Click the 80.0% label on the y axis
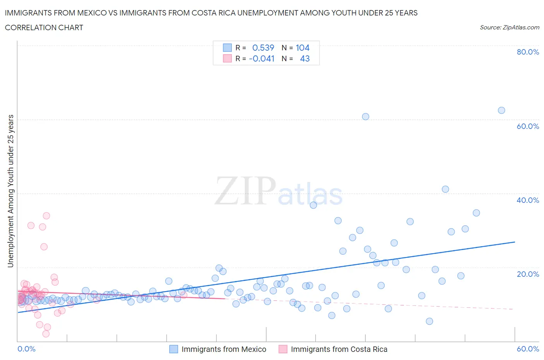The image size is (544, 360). point(528,52)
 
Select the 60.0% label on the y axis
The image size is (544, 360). point(528,126)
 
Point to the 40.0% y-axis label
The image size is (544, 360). point(528,200)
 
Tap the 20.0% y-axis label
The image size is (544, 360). point(528,274)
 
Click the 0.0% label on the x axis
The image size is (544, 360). point(26,349)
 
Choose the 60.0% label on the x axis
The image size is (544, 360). point(528,349)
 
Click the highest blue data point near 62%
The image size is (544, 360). point(501,110)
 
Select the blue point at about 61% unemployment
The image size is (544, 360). point(365,117)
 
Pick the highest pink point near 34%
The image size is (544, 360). point(46,216)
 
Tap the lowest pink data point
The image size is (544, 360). point(46,334)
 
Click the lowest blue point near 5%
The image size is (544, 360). point(429,321)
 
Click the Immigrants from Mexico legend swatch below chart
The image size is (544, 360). point(174,349)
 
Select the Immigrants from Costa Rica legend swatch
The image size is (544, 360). point(283,349)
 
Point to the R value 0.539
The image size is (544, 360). point(263,48)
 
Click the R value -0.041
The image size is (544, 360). point(262,58)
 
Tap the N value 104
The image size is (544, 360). point(303,48)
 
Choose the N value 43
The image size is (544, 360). point(305,58)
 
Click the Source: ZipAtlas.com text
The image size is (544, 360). point(509,27)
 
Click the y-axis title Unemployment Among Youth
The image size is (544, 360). point(11,191)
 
